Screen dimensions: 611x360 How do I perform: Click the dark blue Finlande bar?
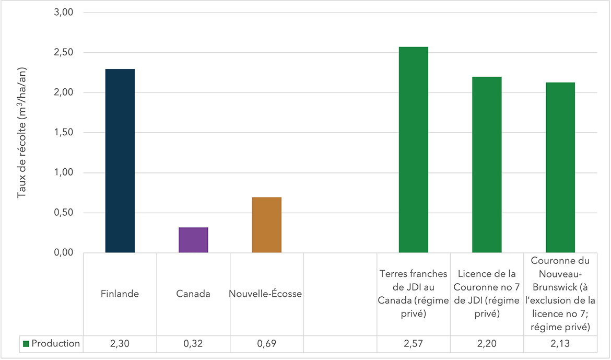120,161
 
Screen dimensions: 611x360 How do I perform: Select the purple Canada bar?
193,240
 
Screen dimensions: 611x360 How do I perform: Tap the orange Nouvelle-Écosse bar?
266,225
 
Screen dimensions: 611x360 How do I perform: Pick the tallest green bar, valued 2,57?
414,150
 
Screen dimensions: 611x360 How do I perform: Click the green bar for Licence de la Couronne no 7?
487,165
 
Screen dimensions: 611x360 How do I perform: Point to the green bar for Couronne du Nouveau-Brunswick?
560,168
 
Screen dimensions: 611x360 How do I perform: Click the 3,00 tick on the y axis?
64,13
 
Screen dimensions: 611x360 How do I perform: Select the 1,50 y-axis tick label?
64,133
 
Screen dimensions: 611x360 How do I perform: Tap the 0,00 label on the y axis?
64,253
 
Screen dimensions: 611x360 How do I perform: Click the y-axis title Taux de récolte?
21,133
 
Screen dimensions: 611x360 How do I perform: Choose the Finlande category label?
120,294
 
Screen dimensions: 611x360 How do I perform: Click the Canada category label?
193,294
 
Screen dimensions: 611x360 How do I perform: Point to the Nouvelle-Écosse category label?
265,294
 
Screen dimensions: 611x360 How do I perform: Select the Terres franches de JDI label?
414,294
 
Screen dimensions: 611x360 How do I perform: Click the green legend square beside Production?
27,344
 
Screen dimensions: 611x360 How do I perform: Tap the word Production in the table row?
56,344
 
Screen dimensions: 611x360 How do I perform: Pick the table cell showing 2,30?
120,344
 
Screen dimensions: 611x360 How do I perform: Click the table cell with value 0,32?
193,344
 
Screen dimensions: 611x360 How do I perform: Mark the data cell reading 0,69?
266,344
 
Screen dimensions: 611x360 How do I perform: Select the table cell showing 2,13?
560,344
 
